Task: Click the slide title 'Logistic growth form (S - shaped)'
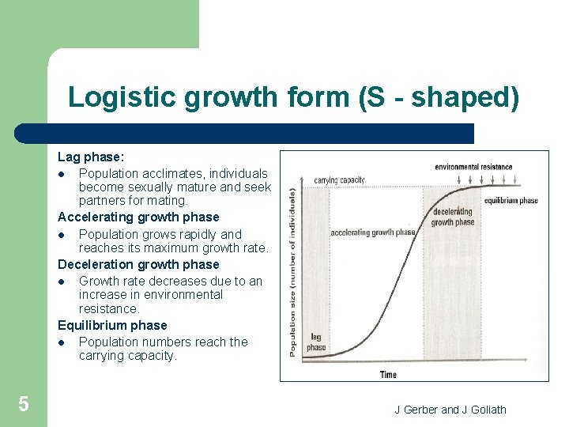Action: tap(294, 96)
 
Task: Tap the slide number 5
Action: tap(24, 405)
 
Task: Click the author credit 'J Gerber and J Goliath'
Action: tap(450, 409)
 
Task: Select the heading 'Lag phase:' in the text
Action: tap(91, 158)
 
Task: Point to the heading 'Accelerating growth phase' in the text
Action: tap(138, 217)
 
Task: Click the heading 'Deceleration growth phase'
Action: tap(138, 264)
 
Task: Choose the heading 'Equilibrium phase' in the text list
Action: tap(112, 325)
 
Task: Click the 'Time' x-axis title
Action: tap(388, 374)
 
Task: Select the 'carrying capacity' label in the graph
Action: tap(339, 179)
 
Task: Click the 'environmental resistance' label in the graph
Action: tap(473, 167)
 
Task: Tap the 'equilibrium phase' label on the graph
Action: tap(511, 200)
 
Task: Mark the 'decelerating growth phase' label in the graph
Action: tap(453, 217)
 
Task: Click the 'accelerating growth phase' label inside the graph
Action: tap(372, 232)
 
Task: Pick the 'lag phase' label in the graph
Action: tap(316, 342)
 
